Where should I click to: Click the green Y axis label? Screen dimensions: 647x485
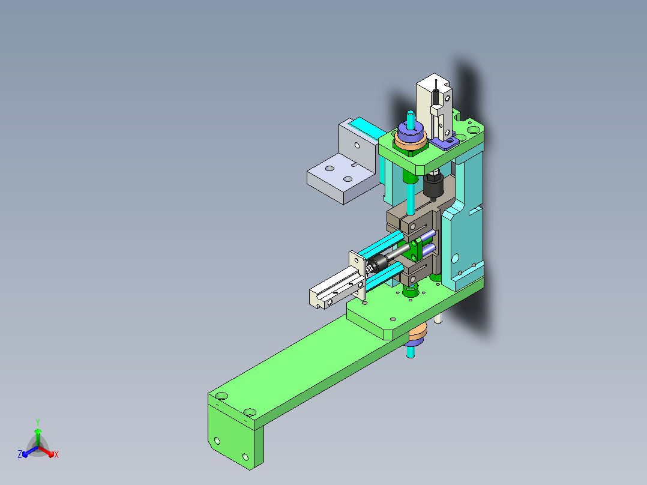tap(38, 422)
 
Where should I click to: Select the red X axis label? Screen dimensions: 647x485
tap(56, 454)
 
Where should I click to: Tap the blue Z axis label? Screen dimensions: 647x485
tap(19, 454)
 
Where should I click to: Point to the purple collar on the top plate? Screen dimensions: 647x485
tap(410, 131)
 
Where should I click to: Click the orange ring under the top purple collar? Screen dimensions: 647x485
tap(411, 142)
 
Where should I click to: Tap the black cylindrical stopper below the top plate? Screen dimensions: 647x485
tap(434, 186)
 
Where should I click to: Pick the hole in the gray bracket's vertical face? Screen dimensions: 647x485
tap(357, 146)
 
